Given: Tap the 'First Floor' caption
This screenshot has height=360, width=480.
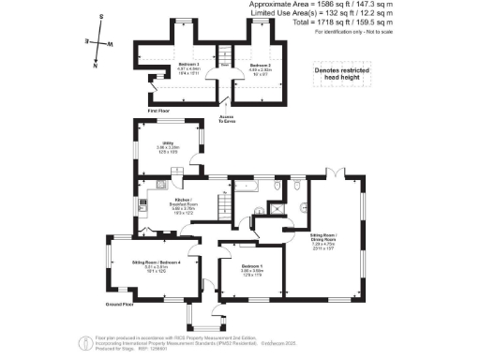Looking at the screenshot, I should point(160,111).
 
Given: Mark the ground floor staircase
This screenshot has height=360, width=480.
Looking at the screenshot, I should point(223,203).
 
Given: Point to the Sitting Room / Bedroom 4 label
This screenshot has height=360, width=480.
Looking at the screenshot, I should point(155,265).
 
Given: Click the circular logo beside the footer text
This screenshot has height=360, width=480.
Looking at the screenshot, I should point(86,341).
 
